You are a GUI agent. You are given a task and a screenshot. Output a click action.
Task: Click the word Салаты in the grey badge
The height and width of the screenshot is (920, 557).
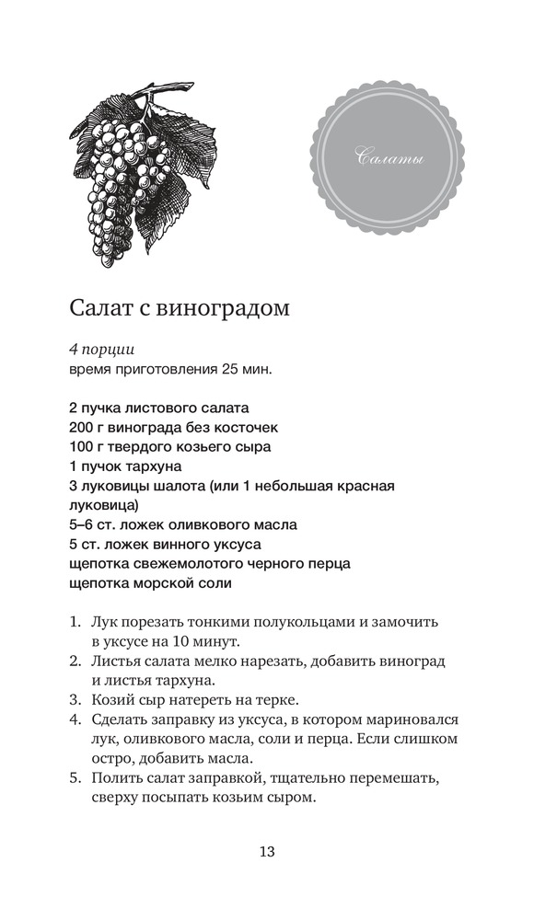point(389,161)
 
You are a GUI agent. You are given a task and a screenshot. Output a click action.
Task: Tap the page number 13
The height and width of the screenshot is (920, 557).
point(267,851)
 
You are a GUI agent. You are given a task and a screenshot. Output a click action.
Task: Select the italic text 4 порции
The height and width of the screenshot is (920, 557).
point(101,350)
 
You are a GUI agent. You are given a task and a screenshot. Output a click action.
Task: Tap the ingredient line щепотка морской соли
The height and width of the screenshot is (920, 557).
point(150,583)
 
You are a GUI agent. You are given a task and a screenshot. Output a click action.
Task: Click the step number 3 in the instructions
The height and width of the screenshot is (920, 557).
point(75,699)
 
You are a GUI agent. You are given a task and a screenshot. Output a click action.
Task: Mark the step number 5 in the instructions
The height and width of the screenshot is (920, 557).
point(75,779)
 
